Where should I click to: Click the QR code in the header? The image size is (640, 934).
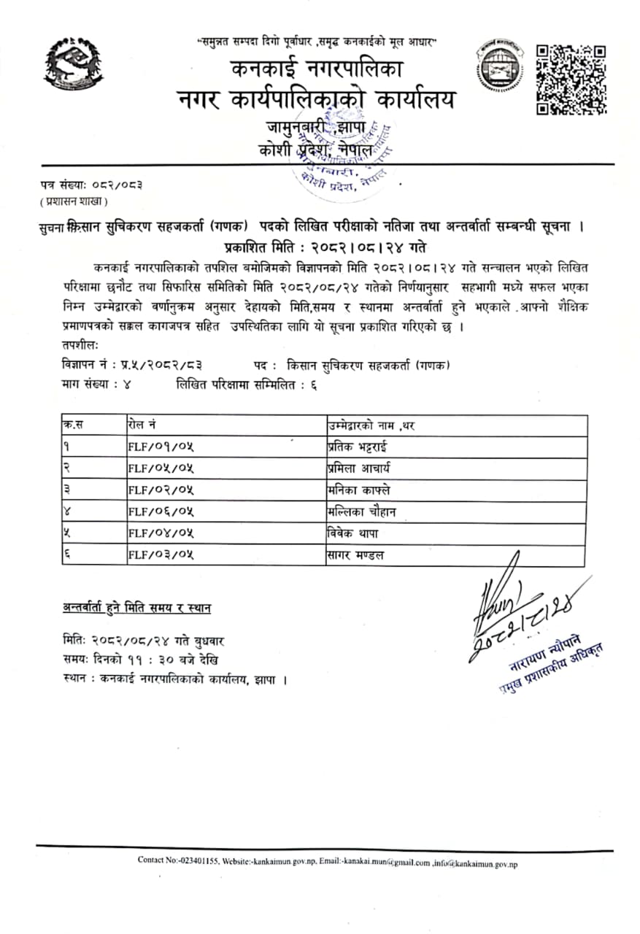coord(571,80)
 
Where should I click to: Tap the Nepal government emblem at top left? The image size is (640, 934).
coord(73,64)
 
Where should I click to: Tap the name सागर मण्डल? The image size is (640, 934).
coord(355,555)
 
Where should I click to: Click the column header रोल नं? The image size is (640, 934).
coord(141,425)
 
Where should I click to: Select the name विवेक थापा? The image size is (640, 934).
coord(352,533)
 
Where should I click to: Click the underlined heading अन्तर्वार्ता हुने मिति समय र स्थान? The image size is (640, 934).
coord(137,608)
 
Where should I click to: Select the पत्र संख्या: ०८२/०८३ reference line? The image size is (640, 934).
coord(92,185)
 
